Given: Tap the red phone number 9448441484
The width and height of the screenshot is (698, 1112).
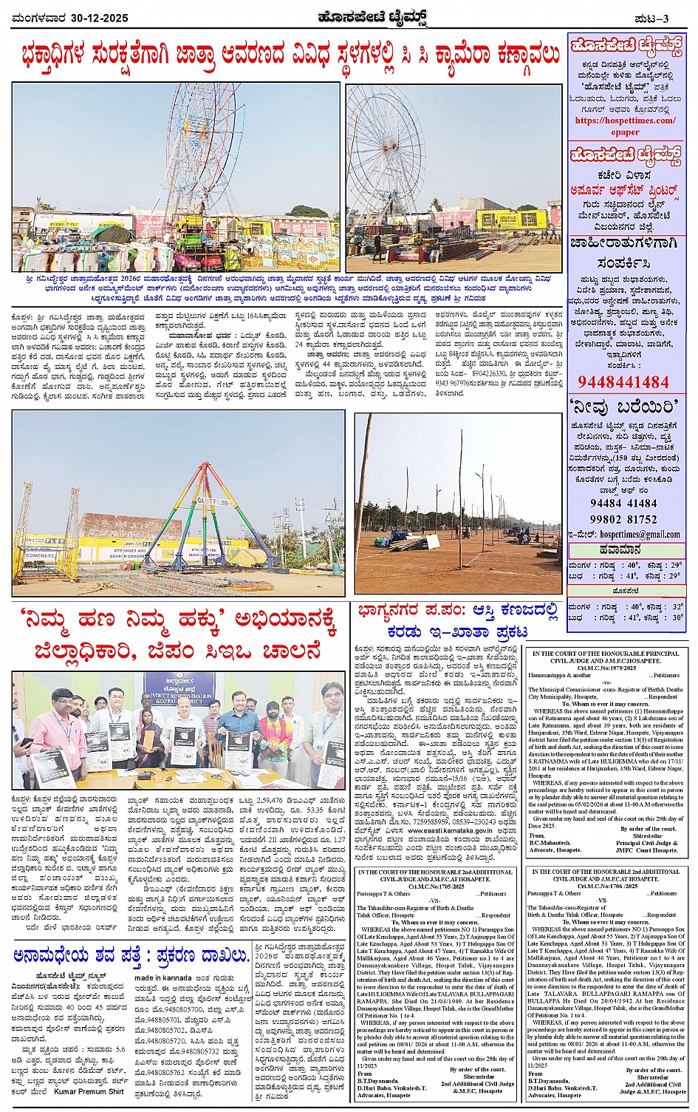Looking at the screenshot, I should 623,382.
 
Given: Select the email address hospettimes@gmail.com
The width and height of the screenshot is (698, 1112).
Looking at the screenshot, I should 640,534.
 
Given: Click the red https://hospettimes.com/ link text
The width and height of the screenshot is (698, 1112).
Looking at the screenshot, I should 625,121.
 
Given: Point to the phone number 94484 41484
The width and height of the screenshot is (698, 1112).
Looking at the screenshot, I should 623,503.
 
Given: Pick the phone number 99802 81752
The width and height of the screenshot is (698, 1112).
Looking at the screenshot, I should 623,519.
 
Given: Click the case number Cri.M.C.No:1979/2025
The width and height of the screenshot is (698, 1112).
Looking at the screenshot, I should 605,667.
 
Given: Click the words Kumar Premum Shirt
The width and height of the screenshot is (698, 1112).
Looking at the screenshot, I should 89,1091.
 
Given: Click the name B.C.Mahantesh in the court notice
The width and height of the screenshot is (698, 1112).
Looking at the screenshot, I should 550,843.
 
